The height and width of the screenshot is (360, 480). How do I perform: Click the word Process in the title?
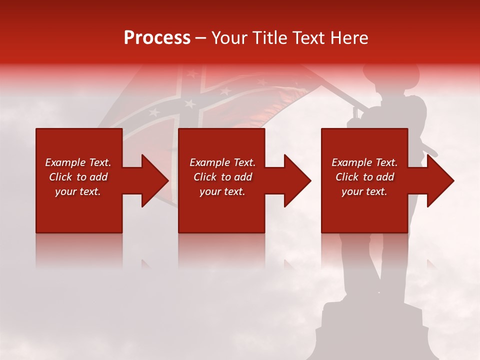[157, 38]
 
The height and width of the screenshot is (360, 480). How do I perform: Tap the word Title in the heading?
[271, 38]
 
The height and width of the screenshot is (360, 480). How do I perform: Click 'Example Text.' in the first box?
[78, 162]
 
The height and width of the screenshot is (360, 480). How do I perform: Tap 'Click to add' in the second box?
[222, 177]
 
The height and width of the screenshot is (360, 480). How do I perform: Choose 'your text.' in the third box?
[364, 191]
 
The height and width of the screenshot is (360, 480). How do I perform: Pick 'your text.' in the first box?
[78, 191]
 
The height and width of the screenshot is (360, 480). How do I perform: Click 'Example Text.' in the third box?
[364, 162]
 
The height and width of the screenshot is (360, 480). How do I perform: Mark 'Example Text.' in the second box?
[222, 162]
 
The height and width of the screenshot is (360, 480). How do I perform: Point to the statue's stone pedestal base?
[372, 330]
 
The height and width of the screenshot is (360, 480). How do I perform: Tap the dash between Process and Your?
[201, 38]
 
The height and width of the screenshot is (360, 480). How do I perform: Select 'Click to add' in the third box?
[364, 177]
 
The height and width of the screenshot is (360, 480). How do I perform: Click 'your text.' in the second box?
[222, 191]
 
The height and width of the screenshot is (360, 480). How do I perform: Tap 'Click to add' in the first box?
[78, 177]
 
